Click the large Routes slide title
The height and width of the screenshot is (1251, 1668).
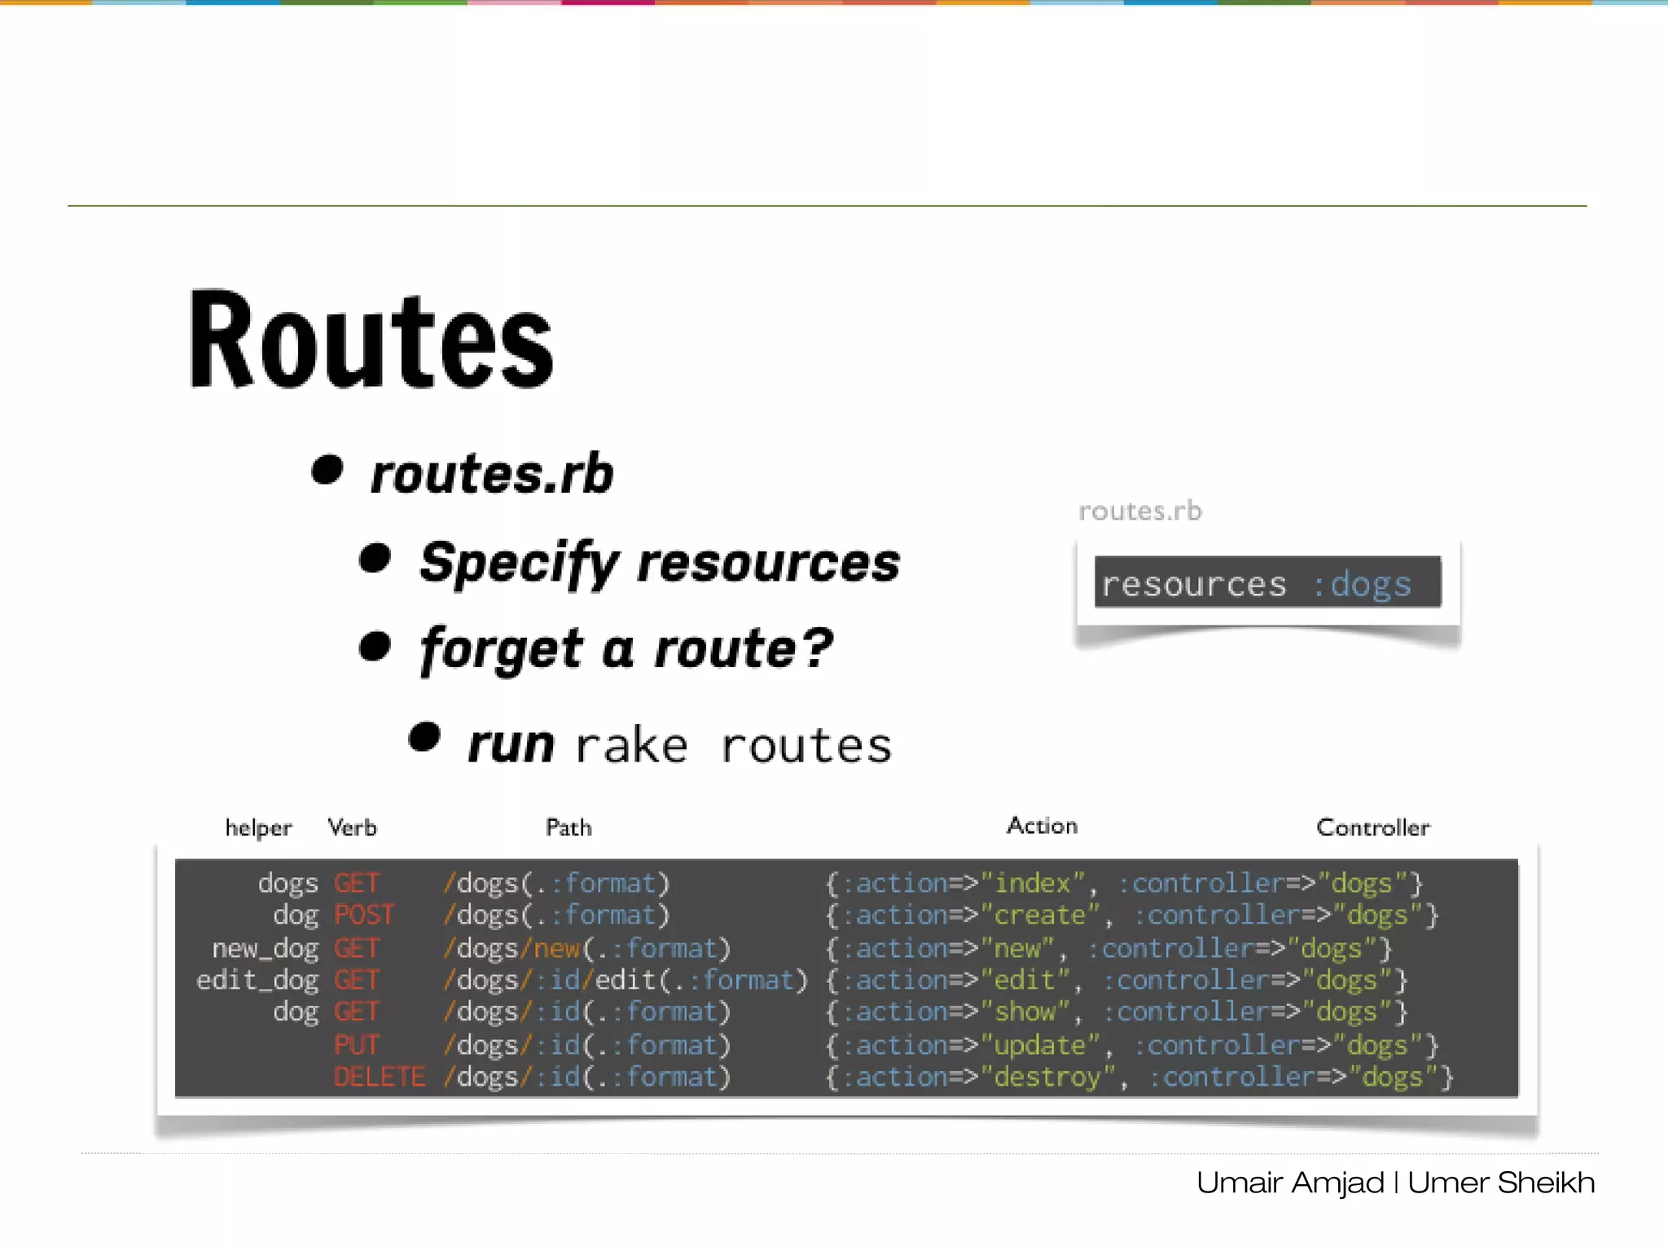pos(371,340)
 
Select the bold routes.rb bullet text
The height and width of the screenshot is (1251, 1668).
pos(491,474)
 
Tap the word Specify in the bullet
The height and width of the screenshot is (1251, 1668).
pos(519,563)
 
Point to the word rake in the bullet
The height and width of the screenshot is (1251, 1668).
pos(631,745)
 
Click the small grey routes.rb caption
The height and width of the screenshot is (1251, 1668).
pos(1139,511)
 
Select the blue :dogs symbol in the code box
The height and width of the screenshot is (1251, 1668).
pos(1362,584)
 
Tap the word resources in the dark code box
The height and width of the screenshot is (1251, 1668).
pos(1194,584)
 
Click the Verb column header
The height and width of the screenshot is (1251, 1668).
pos(352,827)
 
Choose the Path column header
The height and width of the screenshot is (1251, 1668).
pos(568,827)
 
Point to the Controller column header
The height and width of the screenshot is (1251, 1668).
pos(1372,827)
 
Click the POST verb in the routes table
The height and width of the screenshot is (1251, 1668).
pos(364,915)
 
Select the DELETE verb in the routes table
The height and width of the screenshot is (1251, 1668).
pos(380,1077)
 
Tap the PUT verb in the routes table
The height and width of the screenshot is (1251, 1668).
pos(357,1045)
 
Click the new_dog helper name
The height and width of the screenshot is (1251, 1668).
pos(265,949)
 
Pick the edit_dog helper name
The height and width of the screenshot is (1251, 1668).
pos(257,981)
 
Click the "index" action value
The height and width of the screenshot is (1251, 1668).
pos(1033,884)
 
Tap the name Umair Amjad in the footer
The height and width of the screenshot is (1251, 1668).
pos(1290,1183)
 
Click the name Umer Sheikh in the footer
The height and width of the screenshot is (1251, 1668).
pos(1501,1183)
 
